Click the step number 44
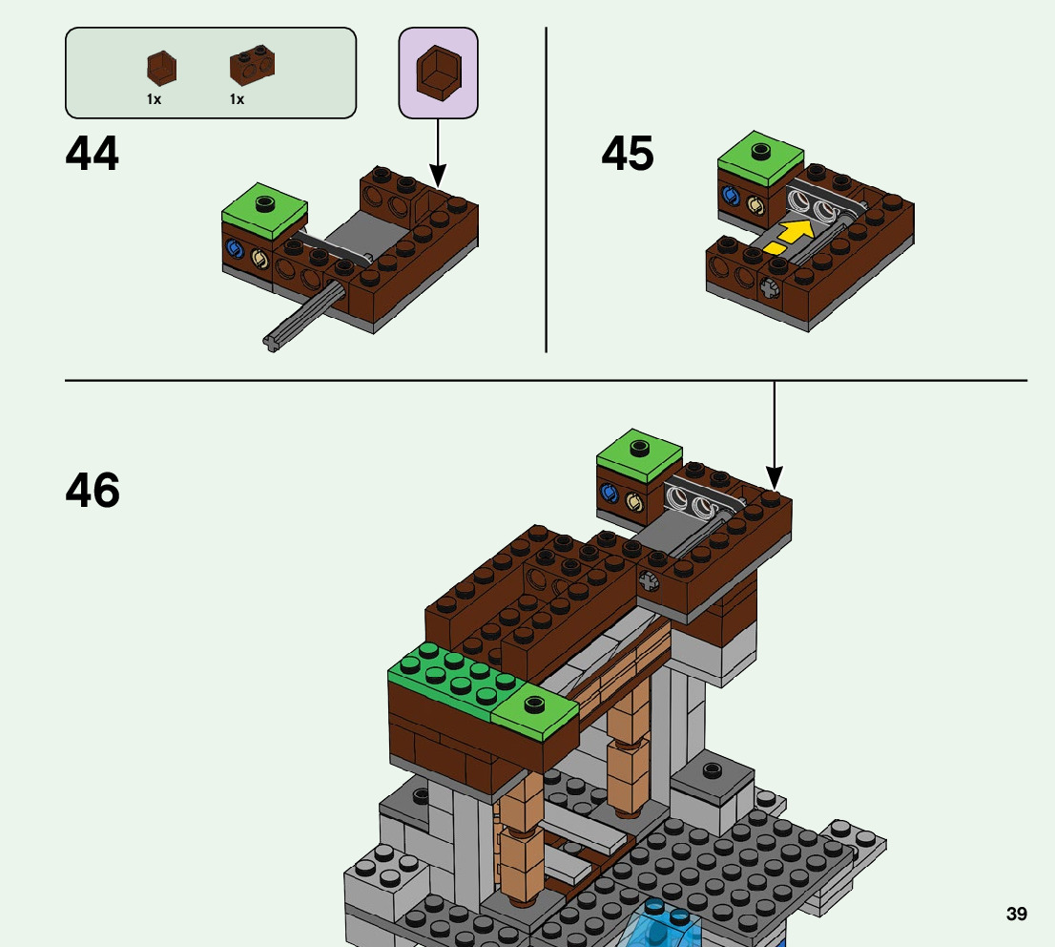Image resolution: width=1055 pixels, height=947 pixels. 93,155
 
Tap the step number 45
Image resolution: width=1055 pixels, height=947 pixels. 628,155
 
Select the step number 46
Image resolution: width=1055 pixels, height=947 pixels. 93,492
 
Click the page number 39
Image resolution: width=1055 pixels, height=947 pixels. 1017,915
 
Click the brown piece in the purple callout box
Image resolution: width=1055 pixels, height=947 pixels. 438,73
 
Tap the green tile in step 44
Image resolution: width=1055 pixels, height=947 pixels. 265,207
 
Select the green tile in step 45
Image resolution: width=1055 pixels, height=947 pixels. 760,156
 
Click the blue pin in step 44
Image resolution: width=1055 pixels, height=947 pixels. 234,252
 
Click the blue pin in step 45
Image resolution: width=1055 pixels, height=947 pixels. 732,197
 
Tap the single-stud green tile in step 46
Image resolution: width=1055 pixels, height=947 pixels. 534,712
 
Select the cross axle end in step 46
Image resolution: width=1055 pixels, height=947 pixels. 649,579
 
